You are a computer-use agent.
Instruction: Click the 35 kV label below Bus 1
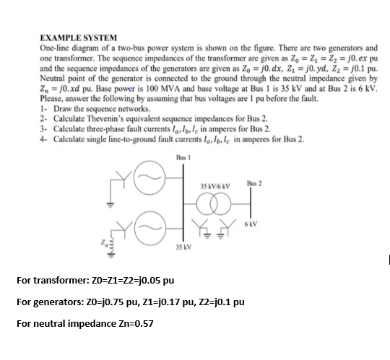coord(183,247)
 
